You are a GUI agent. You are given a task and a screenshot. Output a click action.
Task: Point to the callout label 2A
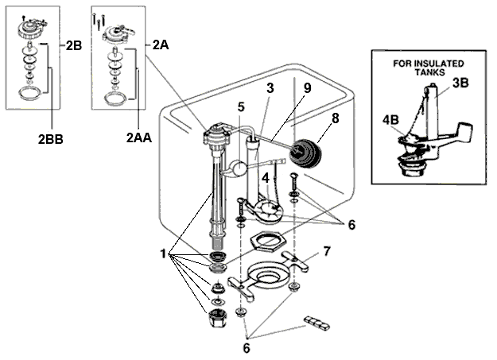click(x=161, y=45)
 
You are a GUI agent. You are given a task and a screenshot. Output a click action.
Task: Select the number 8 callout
click(x=335, y=120)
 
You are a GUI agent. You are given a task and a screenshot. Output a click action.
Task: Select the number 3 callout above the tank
click(x=270, y=90)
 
